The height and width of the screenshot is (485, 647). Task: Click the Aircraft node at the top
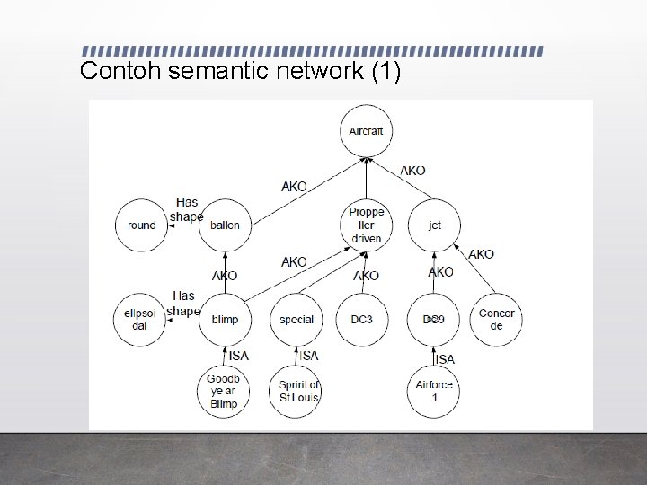[366, 131]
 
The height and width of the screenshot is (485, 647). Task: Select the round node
[142, 225]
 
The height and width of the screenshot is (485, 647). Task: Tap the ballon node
[225, 225]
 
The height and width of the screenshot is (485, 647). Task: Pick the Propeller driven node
[366, 225]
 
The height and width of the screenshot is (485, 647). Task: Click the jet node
[435, 225]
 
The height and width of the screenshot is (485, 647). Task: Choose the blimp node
[225, 319]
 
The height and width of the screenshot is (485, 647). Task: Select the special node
[296, 319]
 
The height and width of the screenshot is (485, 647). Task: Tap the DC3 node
[362, 319]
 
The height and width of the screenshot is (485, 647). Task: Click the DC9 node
[434, 319]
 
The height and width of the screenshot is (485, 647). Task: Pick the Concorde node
[496, 319]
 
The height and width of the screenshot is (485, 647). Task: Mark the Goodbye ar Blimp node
[223, 391]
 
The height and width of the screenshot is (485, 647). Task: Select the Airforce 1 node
[434, 391]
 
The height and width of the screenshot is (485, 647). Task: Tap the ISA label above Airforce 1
[445, 359]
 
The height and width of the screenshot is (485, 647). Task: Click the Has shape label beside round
[186, 209]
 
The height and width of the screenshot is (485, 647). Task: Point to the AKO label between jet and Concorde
[481, 254]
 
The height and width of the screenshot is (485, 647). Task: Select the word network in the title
[311, 72]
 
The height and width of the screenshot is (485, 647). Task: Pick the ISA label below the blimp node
[239, 356]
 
